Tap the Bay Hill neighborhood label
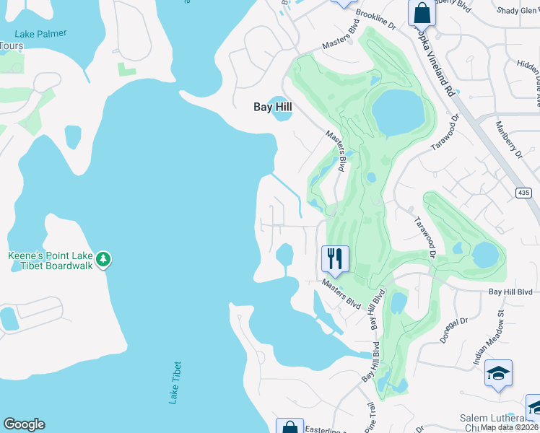[x=273, y=107]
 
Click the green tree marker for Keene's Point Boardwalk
[x=103, y=258]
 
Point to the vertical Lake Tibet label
[x=173, y=382]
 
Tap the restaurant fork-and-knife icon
[x=335, y=258]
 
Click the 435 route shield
[x=524, y=193]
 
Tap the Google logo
[x=24, y=424]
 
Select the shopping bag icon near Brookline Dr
[x=420, y=13]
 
